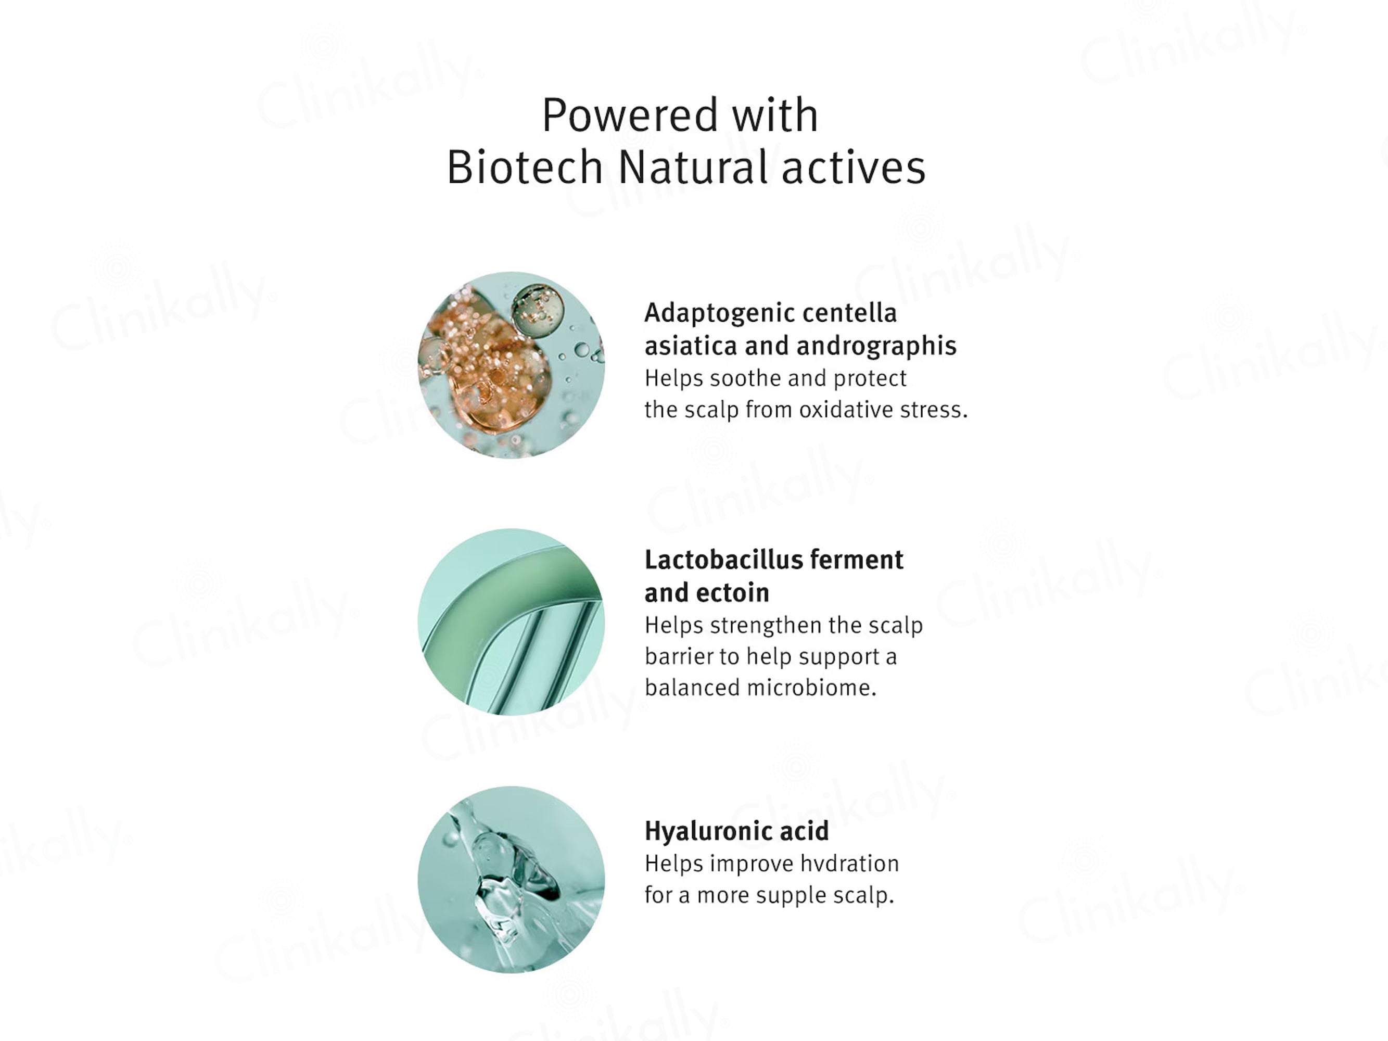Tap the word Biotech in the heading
click(x=525, y=168)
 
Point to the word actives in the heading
click(x=854, y=168)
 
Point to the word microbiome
click(x=811, y=688)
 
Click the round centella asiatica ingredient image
click(x=512, y=365)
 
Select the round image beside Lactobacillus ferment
click(x=512, y=622)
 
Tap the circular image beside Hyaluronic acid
click(x=512, y=880)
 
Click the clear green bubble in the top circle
click(x=538, y=311)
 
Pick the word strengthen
click(x=766, y=626)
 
